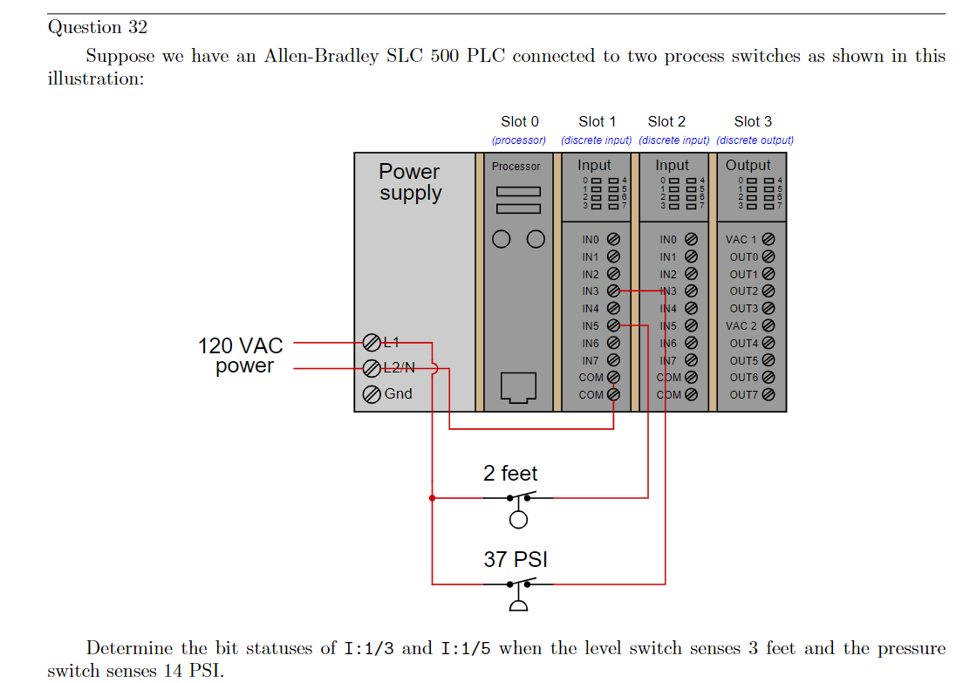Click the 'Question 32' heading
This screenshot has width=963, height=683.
(98, 27)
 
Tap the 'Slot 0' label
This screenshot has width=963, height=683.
(520, 121)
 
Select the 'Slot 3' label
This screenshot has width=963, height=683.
(753, 121)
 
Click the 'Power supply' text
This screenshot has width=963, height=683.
(410, 182)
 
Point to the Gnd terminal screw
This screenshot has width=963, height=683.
(371, 394)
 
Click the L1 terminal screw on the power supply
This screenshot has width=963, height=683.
(371, 341)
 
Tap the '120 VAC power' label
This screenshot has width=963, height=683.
(242, 356)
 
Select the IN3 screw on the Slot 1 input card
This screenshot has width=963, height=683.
(612, 291)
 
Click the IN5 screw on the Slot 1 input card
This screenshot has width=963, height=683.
(612, 325)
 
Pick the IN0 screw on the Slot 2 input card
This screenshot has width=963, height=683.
(691, 239)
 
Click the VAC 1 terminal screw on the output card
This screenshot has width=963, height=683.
(768, 239)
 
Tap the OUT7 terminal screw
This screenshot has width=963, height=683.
(768, 394)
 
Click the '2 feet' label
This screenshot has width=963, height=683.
(510, 474)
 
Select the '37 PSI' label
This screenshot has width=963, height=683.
(516, 559)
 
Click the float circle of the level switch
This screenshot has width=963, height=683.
(518, 521)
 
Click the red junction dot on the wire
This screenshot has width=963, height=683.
(432, 498)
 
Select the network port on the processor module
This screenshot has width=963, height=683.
(517, 387)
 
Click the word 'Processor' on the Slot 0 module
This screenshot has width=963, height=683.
(516, 166)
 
